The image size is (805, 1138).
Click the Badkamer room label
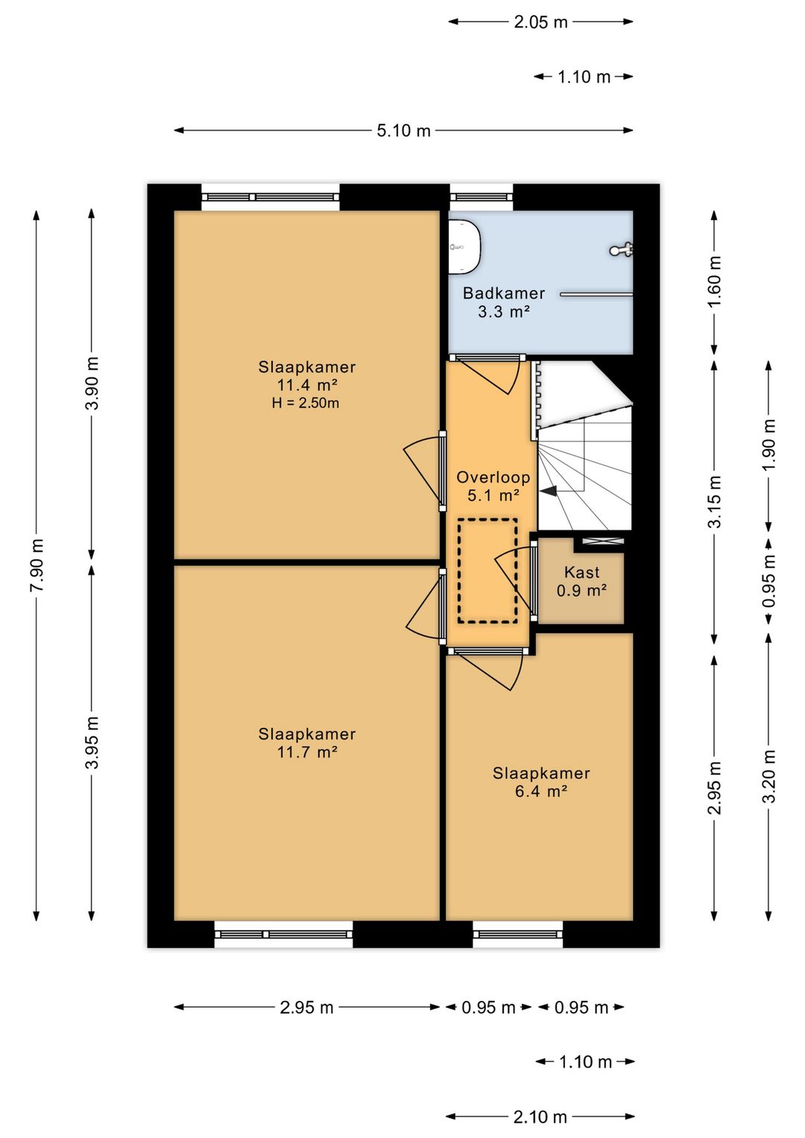(x=503, y=293)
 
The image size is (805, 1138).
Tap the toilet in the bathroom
(x=465, y=246)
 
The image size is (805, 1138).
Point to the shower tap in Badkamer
(x=622, y=250)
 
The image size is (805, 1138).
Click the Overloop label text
(x=493, y=477)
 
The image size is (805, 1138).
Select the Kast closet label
(x=581, y=573)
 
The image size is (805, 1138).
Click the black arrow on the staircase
(x=549, y=491)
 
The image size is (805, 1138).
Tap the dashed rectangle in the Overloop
(x=487, y=570)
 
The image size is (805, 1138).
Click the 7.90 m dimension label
(x=37, y=565)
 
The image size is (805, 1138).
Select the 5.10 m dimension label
(x=403, y=131)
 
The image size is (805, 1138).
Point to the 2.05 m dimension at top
(x=540, y=22)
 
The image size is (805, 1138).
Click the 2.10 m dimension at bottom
(x=540, y=1116)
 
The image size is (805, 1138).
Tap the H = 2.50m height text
(x=306, y=403)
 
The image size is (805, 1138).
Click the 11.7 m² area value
(x=307, y=752)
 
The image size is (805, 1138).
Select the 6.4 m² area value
(x=541, y=791)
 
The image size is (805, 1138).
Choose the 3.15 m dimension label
(x=714, y=501)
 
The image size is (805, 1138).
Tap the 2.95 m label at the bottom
(x=306, y=1007)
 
